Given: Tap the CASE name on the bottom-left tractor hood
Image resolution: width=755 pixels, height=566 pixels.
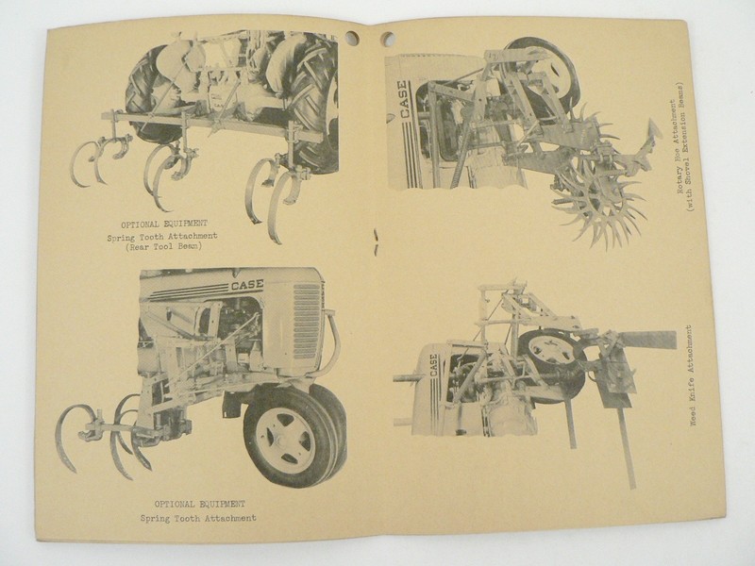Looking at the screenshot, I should pyautogui.click(x=247, y=284).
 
